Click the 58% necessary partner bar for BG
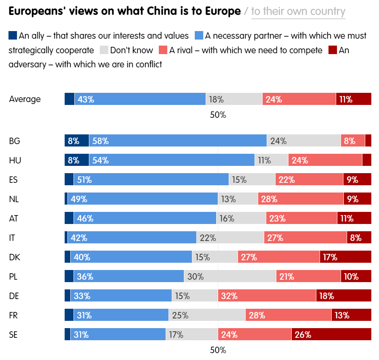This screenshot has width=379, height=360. pos(178,141)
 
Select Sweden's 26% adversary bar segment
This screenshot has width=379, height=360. pos(331,335)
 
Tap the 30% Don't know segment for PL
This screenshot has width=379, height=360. pos(230,276)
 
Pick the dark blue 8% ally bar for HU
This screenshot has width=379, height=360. pos(77,160)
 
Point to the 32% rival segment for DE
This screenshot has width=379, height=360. pos(267,296)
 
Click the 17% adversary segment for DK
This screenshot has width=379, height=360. pos(345,257)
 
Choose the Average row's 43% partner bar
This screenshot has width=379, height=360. pos(140,99)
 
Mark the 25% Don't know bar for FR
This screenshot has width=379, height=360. pos(206,315)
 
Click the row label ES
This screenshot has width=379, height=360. pos(13,180)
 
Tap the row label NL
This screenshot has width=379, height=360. pos(14,199)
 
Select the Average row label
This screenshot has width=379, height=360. pos(25,99)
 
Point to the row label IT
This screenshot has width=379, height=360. pos(12,238)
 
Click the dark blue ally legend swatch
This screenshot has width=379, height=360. pos(13,36)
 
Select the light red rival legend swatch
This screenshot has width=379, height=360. pos(163,50)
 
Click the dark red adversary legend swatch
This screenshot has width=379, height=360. pos(333,50)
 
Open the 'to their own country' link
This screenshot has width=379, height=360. pos(298,11)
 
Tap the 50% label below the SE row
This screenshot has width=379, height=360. pos(218,350)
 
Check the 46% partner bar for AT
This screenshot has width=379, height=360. pos(145,218)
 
